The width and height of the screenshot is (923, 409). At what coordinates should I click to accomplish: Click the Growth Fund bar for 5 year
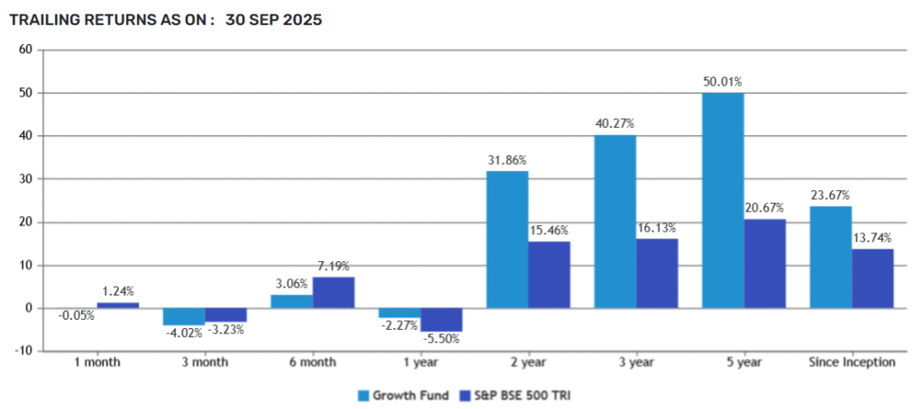click(x=723, y=200)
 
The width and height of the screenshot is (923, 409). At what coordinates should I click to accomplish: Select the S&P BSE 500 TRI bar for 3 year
click(x=657, y=273)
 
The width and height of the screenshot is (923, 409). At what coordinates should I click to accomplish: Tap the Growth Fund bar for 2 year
click(x=507, y=240)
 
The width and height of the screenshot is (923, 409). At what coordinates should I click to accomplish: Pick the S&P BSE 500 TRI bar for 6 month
click(x=334, y=293)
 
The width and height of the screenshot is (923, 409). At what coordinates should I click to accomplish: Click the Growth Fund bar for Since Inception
click(x=831, y=258)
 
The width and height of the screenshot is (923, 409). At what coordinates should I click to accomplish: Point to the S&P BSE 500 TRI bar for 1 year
click(x=441, y=320)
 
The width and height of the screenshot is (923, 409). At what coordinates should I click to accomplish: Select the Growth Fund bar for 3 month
click(x=184, y=317)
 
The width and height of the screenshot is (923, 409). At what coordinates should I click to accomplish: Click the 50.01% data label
click(x=723, y=82)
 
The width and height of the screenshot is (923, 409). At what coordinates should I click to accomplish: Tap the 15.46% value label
click(x=550, y=232)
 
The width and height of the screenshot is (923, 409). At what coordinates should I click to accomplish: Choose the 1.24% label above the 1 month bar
click(x=118, y=292)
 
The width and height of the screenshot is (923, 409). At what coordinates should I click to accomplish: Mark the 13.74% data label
click(x=873, y=239)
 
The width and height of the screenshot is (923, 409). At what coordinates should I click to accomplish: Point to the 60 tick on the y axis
click(x=26, y=50)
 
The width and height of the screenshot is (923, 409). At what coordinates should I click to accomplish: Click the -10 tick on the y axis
click(x=24, y=351)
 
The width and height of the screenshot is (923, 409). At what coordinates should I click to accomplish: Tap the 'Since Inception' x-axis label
click(x=852, y=362)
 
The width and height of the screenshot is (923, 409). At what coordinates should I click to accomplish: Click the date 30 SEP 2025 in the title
click(x=273, y=19)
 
